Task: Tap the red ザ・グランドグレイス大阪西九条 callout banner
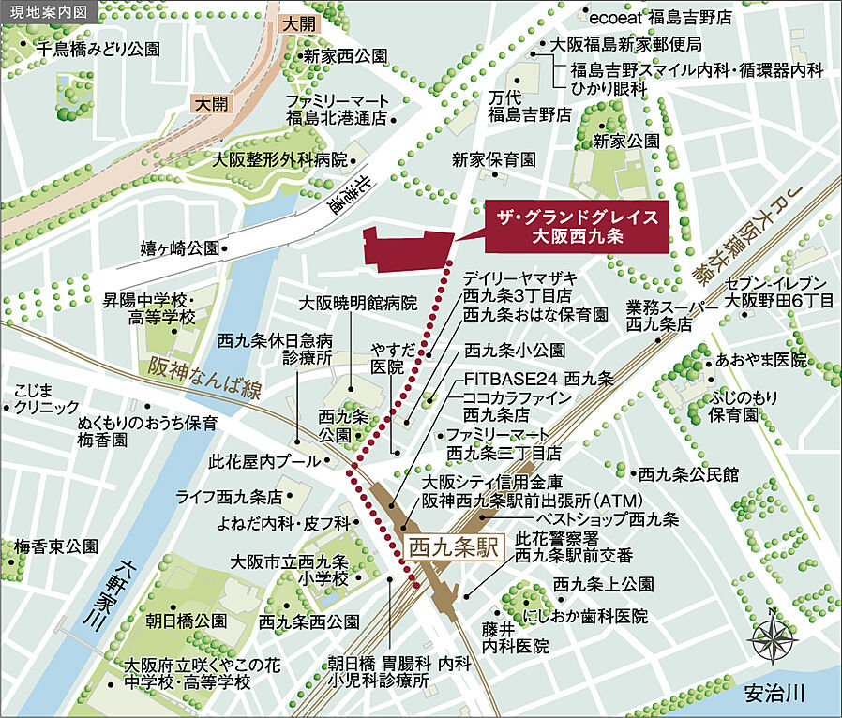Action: pyautogui.click(x=577, y=227)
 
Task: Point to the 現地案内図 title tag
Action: pyautogui.click(x=48, y=12)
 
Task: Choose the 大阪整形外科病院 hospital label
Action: pyautogui.click(x=278, y=159)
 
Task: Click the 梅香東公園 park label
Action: pyautogui.click(x=55, y=546)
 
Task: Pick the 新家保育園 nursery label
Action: pyautogui.click(x=493, y=158)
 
